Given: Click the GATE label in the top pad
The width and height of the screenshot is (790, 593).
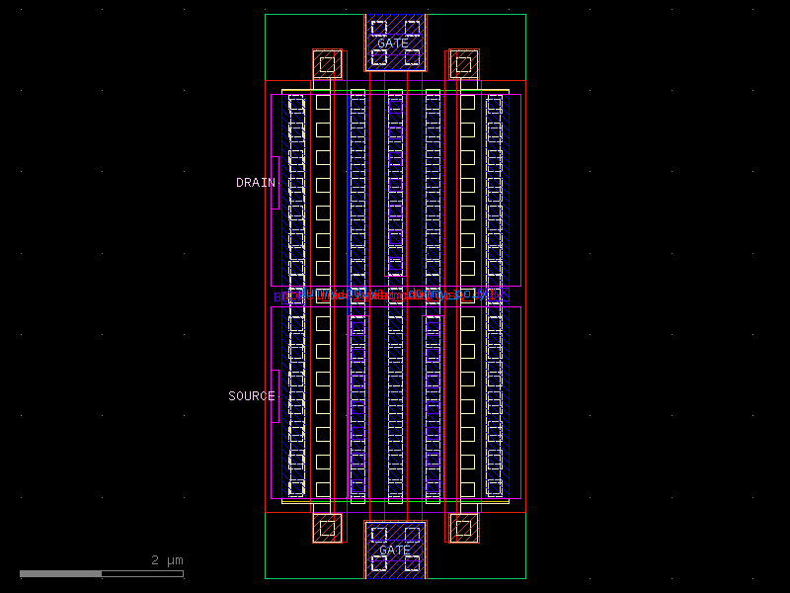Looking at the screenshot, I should tap(393, 43).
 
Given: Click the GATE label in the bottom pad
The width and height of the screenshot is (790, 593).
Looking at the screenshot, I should tap(395, 550).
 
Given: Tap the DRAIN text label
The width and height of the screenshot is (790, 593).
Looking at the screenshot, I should tap(255, 183).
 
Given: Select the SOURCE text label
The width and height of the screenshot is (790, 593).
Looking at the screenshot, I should tap(252, 396).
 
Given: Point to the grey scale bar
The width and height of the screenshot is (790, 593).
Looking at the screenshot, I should tap(101, 573).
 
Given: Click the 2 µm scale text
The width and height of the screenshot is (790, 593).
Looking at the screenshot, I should tap(167, 560).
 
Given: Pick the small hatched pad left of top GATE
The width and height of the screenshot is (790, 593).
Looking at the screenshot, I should tap(327, 65).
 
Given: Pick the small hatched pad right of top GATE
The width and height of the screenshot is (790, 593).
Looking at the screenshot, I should tap(463, 65).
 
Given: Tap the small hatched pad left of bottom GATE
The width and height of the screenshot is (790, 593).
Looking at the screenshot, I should tap(327, 528).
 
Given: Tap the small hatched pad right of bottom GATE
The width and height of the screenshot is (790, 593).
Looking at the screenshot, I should tap(463, 528).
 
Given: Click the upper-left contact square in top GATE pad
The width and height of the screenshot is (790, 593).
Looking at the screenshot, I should tap(377, 28).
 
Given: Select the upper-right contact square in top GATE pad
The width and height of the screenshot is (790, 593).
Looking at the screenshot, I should tap(412, 28).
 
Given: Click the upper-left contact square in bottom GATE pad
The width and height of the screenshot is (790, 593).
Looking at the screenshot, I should tap(377, 535).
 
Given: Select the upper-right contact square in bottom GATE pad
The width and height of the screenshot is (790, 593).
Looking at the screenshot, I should tap(412, 535).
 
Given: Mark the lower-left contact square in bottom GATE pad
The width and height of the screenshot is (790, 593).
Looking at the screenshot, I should tap(377, 564).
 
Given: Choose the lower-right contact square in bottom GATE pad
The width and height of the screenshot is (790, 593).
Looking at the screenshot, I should tap(412, 564).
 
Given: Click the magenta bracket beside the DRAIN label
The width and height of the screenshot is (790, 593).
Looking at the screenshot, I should tap(276, 183).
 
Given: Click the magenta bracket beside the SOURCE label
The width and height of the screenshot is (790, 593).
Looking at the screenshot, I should tap(276, 396).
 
